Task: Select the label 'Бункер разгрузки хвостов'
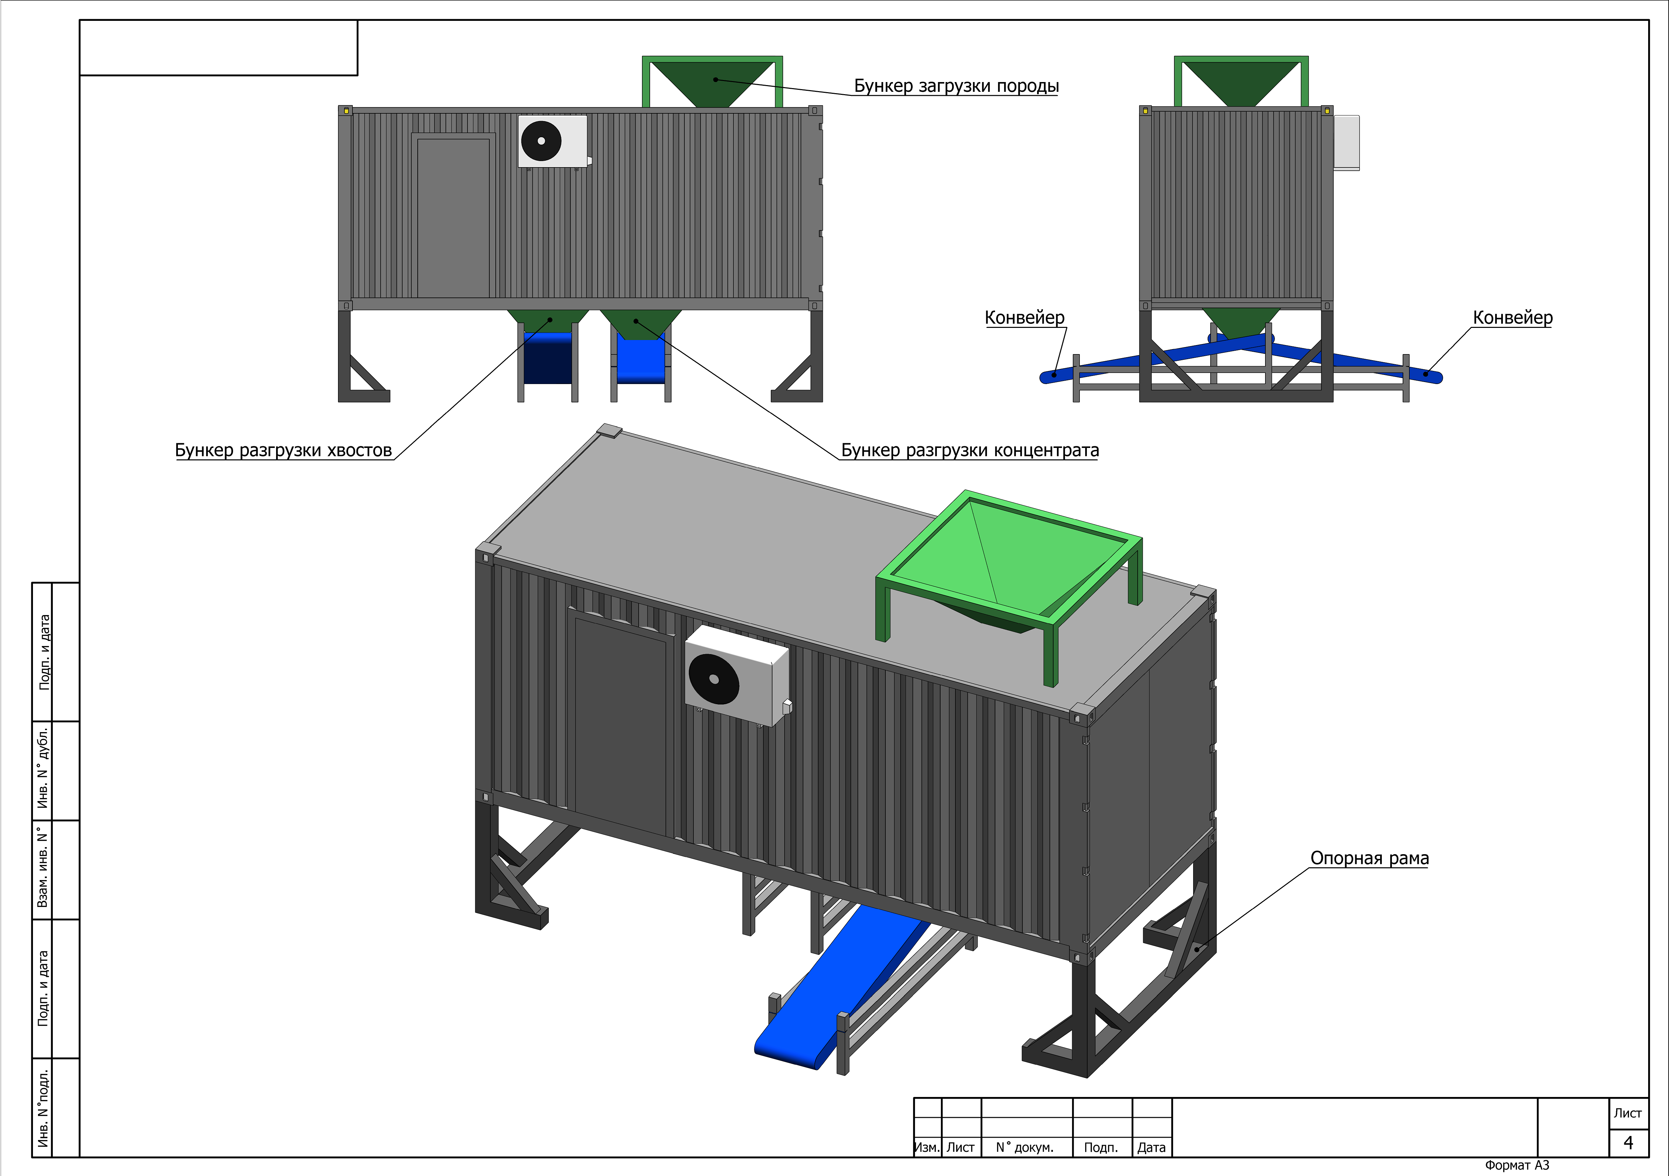click(283, 451)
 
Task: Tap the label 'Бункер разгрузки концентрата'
click(970, 451)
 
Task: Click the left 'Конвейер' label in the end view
click(1024, 317)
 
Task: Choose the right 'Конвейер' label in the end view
click(1512, 317)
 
